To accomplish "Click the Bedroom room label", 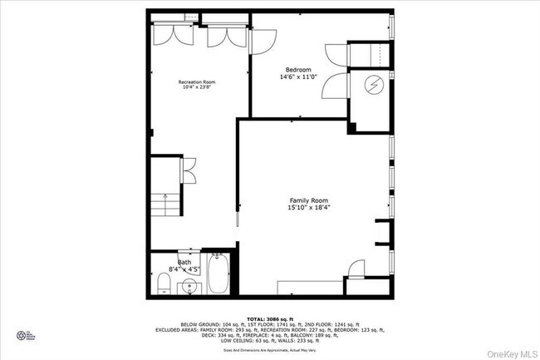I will coord(298,69).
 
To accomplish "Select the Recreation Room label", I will coord(197,81).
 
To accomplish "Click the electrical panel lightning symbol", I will coord(372,86).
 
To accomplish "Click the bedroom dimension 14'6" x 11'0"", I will coord(298,77).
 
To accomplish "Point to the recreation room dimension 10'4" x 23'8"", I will coord(197,87).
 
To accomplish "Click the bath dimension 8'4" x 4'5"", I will coord(183,269).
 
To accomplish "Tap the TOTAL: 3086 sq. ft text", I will coord(269,318).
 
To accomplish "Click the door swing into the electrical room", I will coord(336,86).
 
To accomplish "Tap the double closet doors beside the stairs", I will coord(189,169).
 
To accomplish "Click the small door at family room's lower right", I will coord(355,269).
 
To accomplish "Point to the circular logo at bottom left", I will coord(22,336).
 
